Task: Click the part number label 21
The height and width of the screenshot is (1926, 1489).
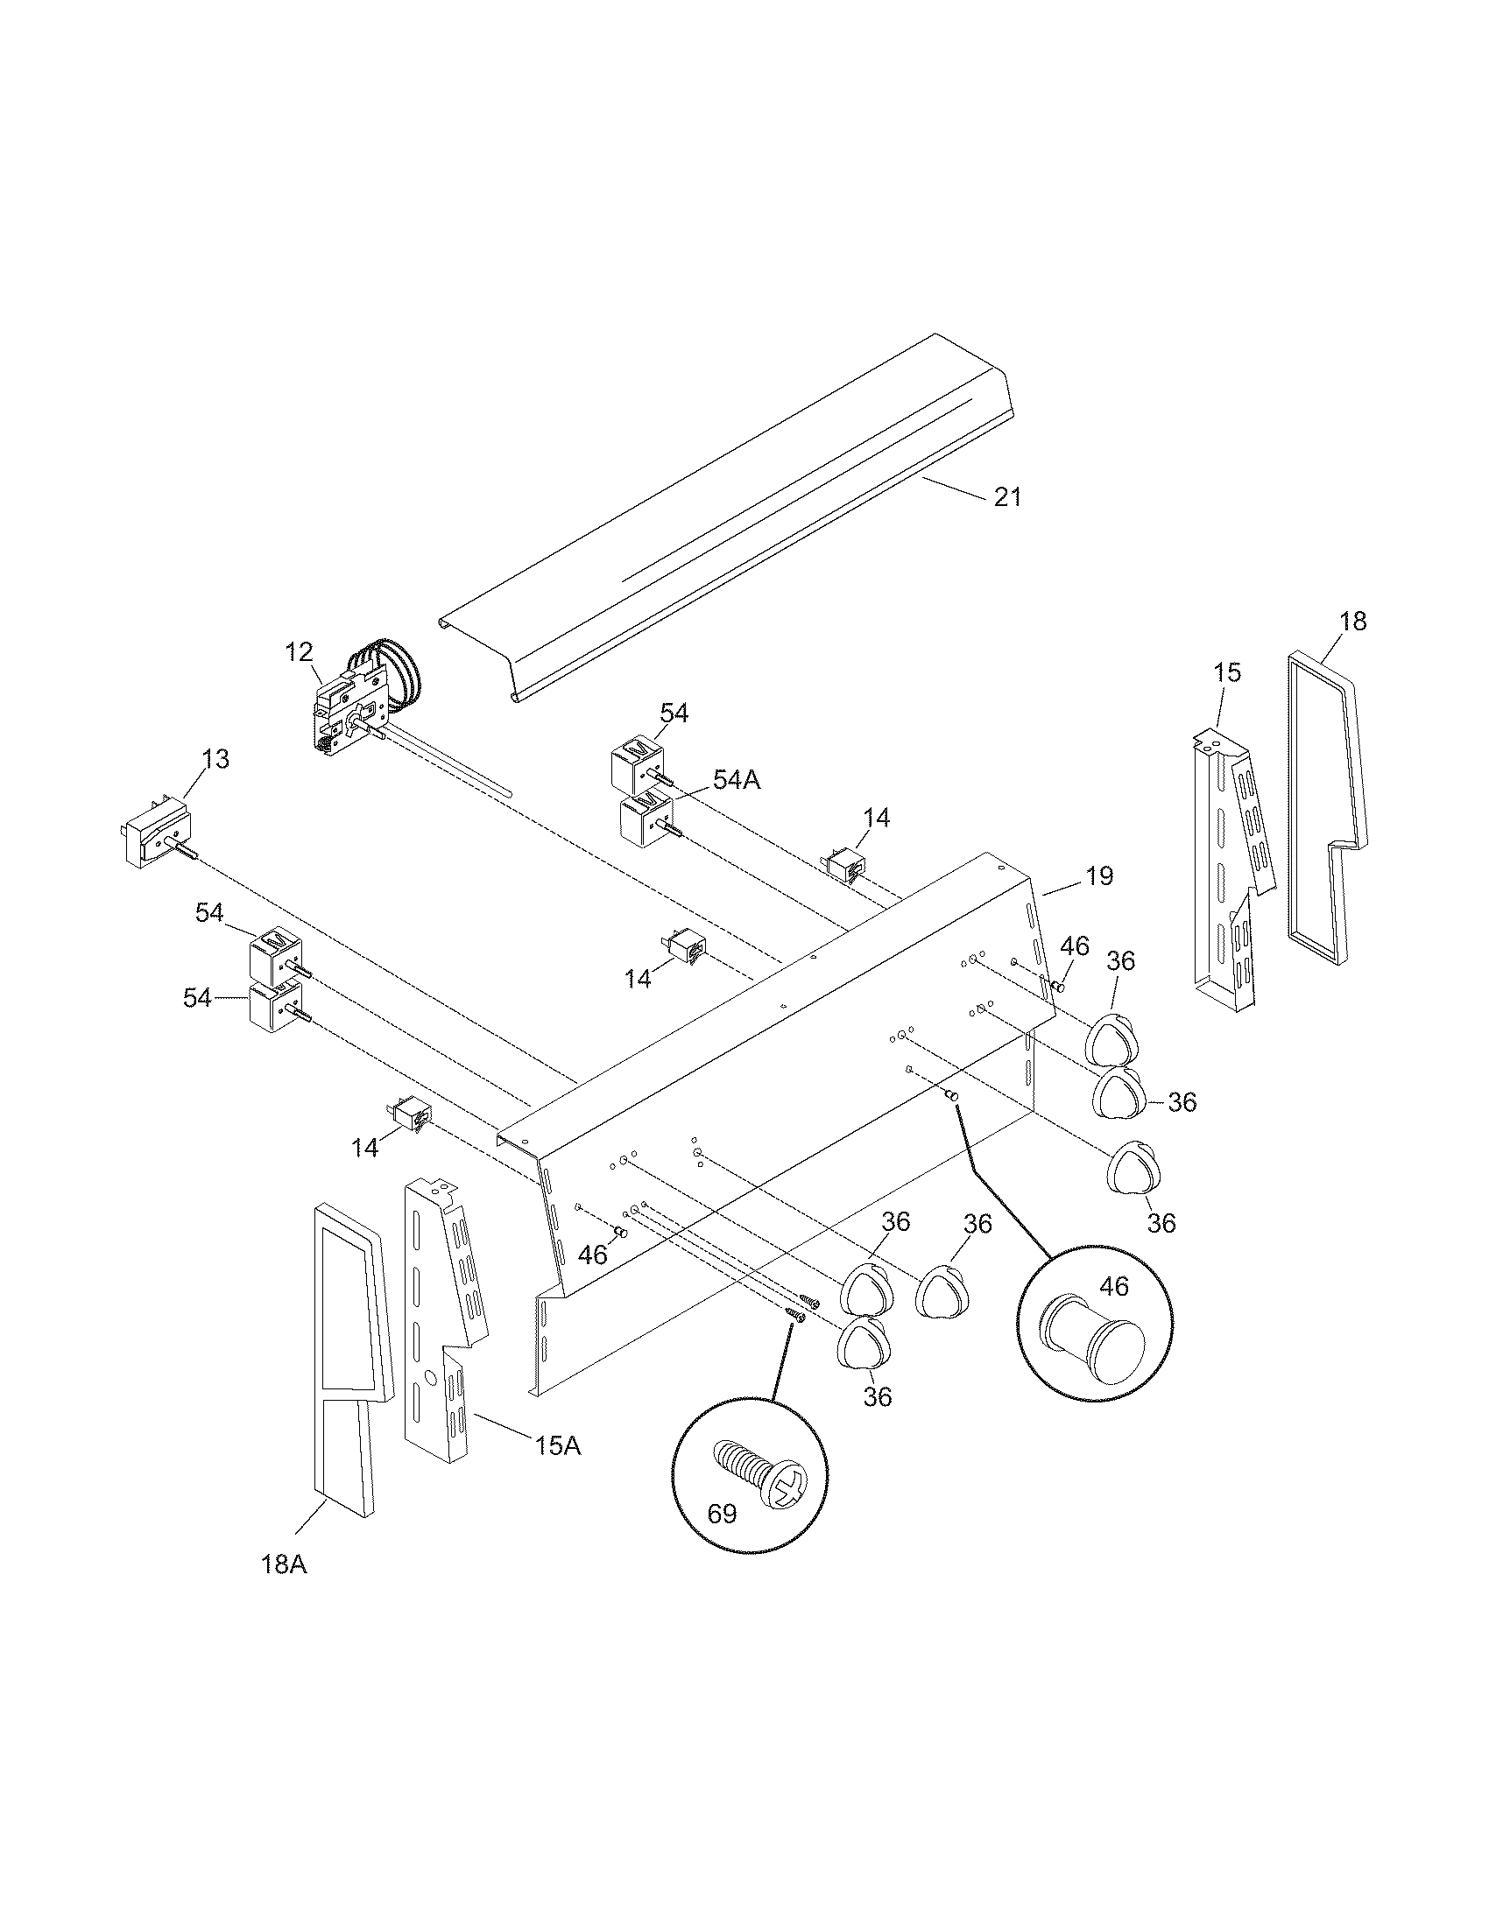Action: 1007,497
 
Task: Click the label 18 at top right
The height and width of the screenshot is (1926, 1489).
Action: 1352,622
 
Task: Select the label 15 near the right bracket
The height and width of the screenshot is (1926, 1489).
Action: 1227,673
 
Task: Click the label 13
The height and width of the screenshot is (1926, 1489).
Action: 215,759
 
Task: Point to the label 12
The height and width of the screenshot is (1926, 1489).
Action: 299,652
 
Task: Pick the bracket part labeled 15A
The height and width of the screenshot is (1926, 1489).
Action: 441,1305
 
